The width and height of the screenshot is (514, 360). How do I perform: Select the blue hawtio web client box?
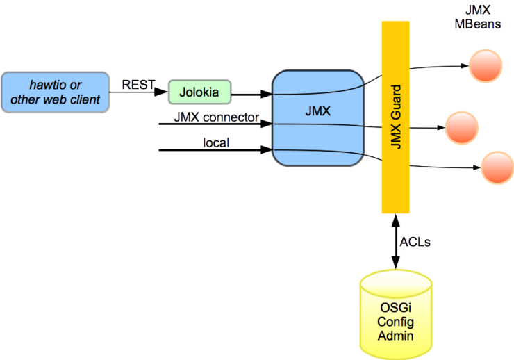(55, 92)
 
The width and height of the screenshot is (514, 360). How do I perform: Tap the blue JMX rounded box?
(318, 117)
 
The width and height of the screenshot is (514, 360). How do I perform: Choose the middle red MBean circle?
(462, 128)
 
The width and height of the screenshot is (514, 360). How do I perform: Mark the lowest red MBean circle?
(497, 167)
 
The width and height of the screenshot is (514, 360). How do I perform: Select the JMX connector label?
(216, 117)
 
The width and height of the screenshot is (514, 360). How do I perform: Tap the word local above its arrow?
(216, 143)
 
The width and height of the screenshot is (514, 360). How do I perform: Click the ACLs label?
(415, 243)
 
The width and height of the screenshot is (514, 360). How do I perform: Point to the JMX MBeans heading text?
(478, 17)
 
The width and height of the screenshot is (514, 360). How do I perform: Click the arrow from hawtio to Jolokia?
(139, 92)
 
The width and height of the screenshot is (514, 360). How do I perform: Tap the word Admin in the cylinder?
(395, 336)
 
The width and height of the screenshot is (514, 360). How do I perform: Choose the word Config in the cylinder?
(395, 321)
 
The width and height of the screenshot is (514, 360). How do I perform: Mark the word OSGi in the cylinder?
(395, 306)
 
